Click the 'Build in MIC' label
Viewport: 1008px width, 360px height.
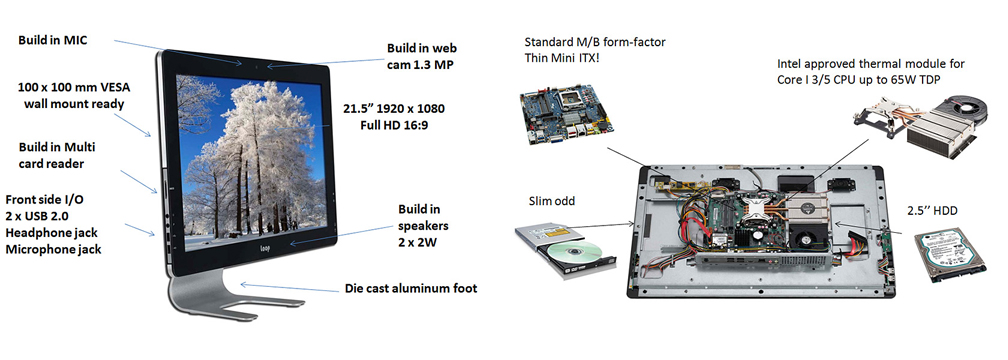52,40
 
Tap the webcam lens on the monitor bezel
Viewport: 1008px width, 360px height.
255,65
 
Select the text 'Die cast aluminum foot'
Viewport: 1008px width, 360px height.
411,289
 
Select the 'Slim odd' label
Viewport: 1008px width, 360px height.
552,201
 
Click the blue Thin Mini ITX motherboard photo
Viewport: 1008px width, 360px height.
564,114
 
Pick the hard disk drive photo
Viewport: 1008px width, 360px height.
950,256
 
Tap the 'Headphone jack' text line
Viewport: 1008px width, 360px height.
51,232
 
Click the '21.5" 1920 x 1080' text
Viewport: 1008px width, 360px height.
395,108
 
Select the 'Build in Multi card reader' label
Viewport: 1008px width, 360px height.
57,155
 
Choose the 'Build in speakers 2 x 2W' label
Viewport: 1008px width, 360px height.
423,226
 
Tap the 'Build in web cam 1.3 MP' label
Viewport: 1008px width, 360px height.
422,56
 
